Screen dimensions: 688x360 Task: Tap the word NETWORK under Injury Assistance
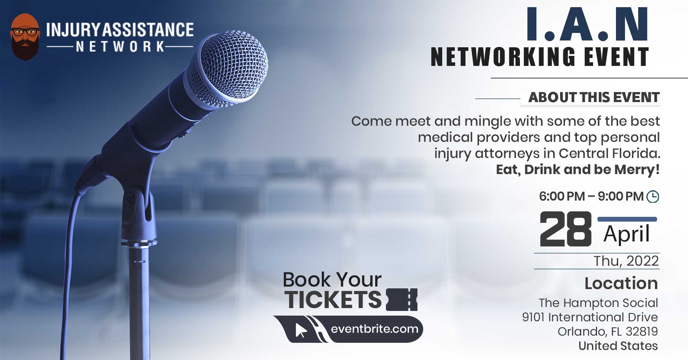(120, 47)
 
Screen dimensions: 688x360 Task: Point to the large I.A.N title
(587, 24)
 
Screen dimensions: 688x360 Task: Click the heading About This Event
(594, 97)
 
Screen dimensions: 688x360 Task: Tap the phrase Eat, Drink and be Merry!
(578, 169)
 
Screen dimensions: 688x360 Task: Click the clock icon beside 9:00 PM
(653, 197)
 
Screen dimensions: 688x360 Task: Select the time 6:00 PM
(562, 196)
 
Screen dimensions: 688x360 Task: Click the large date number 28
(565, 229)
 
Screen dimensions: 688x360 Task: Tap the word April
(626, 234)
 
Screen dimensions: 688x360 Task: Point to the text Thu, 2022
(626, 261)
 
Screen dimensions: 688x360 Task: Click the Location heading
(621, 283)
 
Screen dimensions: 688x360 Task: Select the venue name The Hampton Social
(598, 303)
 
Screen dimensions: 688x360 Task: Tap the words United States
(618, 346)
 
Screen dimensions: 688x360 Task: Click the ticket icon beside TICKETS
(402, 299)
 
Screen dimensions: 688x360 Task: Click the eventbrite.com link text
(374, 329)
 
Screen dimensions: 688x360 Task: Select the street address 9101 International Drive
(590, 317)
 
